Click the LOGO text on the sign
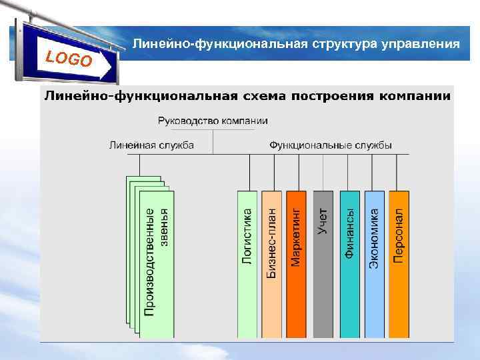[x=69, y=58]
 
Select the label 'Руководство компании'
[x=213, y=121]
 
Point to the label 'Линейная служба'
[x=151, y=145]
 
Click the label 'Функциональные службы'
[x=330, y=145]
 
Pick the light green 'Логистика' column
[x=247, y=263]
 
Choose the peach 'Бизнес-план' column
[x=272, y=263]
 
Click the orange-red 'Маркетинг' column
[x=296, y=263]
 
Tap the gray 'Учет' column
[x=323, y=263]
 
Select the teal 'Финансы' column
[x=349, y=263]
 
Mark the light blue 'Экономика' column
[x=374, y=263]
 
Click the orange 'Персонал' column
[x=399, y=263]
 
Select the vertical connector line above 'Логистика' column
[x=250, y=172]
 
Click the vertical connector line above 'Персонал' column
[x=397, y=172]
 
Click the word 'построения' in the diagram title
[x=333, y=96]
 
